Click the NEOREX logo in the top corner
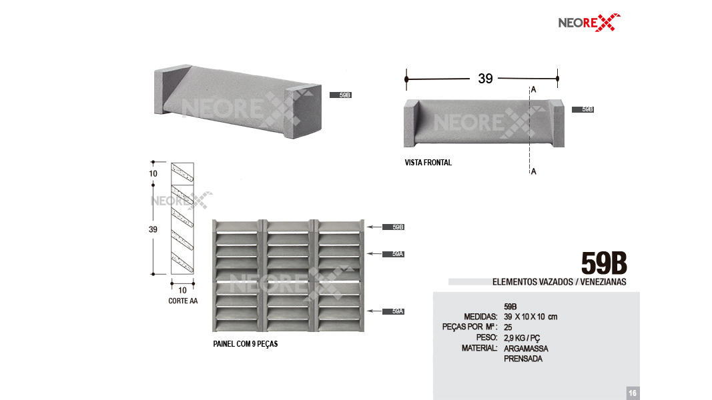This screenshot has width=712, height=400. pyautogui.click(x=589, y=22)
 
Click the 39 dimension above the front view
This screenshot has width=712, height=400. pyautogui.click(x=485, y=79)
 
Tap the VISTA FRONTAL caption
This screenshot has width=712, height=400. pyautogui.click(x=428, y=163)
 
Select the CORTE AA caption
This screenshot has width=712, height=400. pyautogui.click(x=183, y=301)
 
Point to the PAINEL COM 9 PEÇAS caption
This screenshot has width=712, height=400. pyautogui.click(x=245, y=344)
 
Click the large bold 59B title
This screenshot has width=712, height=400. pyautogui.click(x=604, y=263)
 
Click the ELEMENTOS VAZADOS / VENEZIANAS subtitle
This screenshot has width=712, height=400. pyautogui.click(x=559, y=281)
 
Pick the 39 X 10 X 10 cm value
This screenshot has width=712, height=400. pyautogui.click(x=530, y=317)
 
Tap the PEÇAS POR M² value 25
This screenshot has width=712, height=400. pyautogui.click(x=508, y=327)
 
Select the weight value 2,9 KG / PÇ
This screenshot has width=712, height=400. pyautogui.click(x=522, y=338)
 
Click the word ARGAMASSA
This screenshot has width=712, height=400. pyautogui.click(x=526, y=348)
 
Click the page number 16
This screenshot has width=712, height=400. pyautogui.click(x=633, y=393)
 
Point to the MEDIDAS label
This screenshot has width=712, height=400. pyautogui.click(x=480, y=317)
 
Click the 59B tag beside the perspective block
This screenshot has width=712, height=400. pyautogui.click(x=340, y=95)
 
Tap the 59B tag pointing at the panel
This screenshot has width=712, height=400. pyautogui.click(x=393, y=227)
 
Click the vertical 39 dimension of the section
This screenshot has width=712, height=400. pyautogui.click(x=153, y=229)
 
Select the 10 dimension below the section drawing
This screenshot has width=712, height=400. pyautogui.click(x=182, y=290)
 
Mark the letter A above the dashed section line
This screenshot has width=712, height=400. pyautogui.click(x=534, y=90)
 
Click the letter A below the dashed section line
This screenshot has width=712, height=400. pyautogui.click(x=534, y=171)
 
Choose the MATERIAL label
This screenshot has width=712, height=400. pyautogui.click(x=480, y=348)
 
